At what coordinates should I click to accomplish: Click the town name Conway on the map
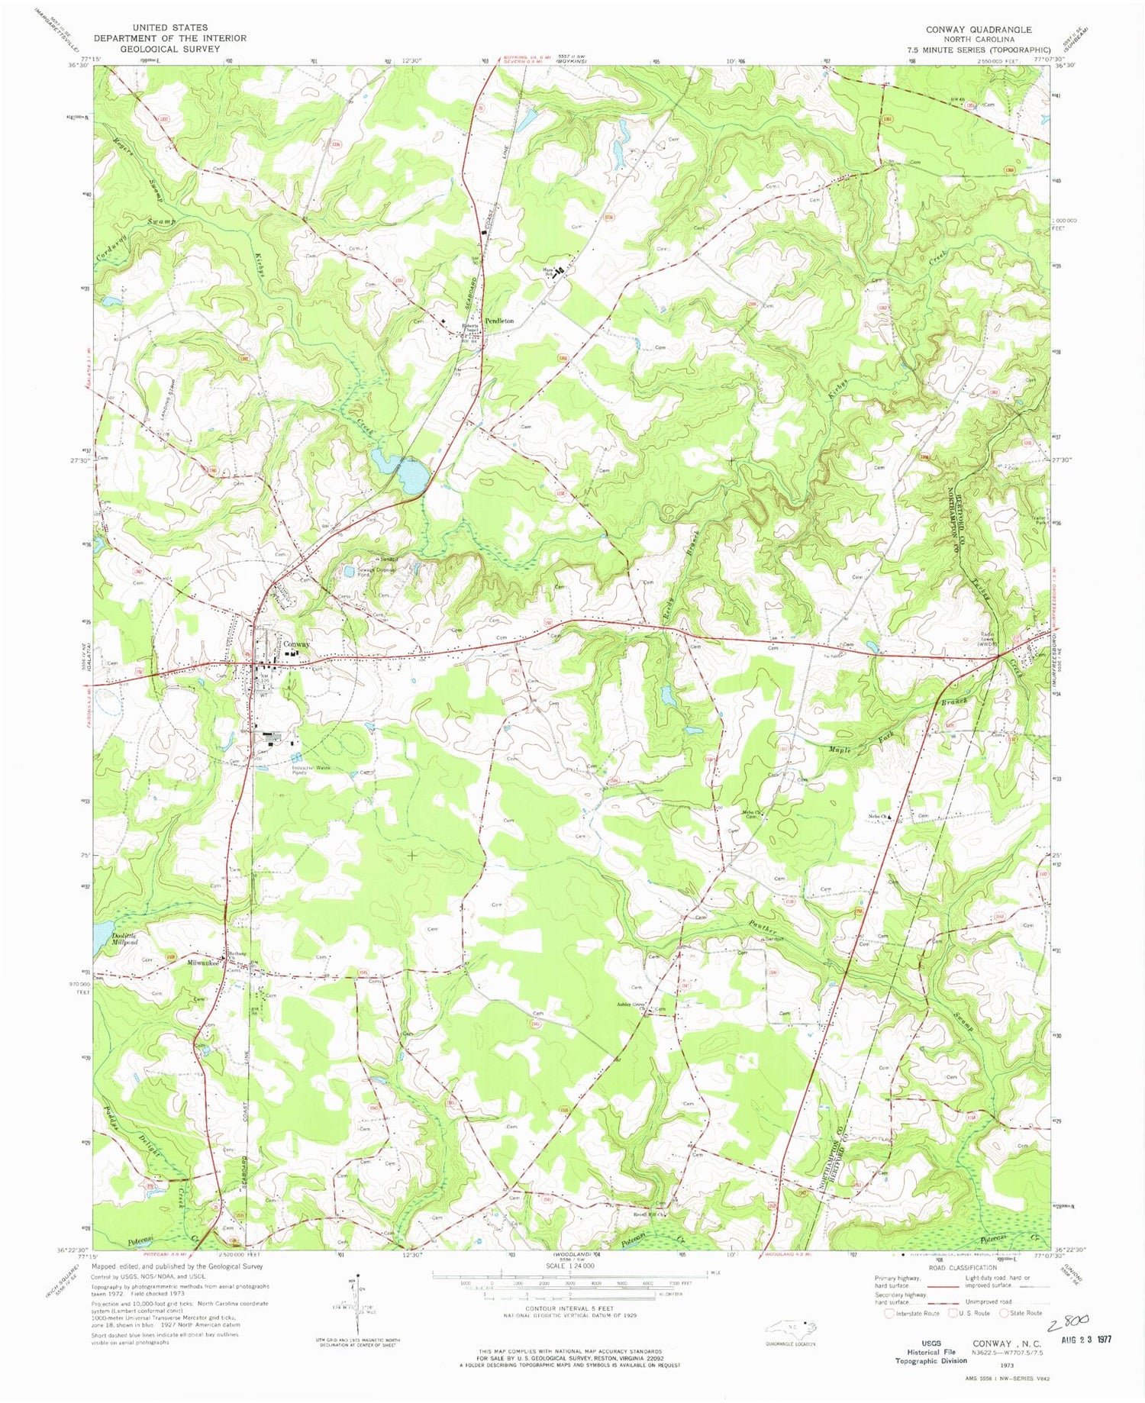297,644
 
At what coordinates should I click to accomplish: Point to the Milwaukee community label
203,963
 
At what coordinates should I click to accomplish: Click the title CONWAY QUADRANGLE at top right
979,30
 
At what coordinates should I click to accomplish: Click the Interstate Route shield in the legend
889,1314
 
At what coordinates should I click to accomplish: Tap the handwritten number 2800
1069,1321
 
